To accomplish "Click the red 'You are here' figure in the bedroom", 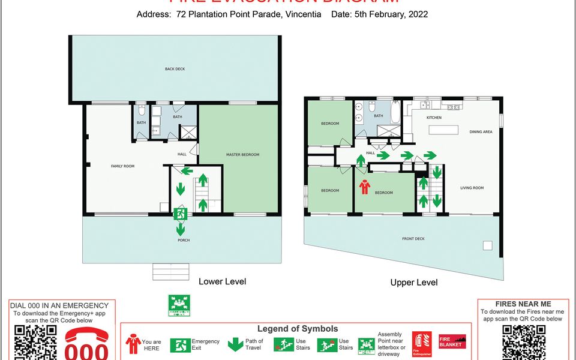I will (364, 188).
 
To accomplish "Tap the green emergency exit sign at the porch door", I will (179, 213).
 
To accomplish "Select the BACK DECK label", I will (175, 69).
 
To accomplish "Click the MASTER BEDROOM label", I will (242, 155).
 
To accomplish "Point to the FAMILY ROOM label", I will (122, 166).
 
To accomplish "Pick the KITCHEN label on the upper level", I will (434, 118).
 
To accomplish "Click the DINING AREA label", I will (481, 131).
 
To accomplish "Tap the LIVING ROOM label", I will (472, 188).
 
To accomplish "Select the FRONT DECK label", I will (413, 239).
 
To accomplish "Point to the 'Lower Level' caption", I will (222, 281).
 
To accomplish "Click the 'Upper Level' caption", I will (413, 283).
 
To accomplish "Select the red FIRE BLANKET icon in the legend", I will (452, 341).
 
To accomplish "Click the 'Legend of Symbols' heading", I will (298, 329).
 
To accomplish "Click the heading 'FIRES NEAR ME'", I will (522, 304).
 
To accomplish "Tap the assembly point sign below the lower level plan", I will (179, 305).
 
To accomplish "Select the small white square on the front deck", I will (487, 245).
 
